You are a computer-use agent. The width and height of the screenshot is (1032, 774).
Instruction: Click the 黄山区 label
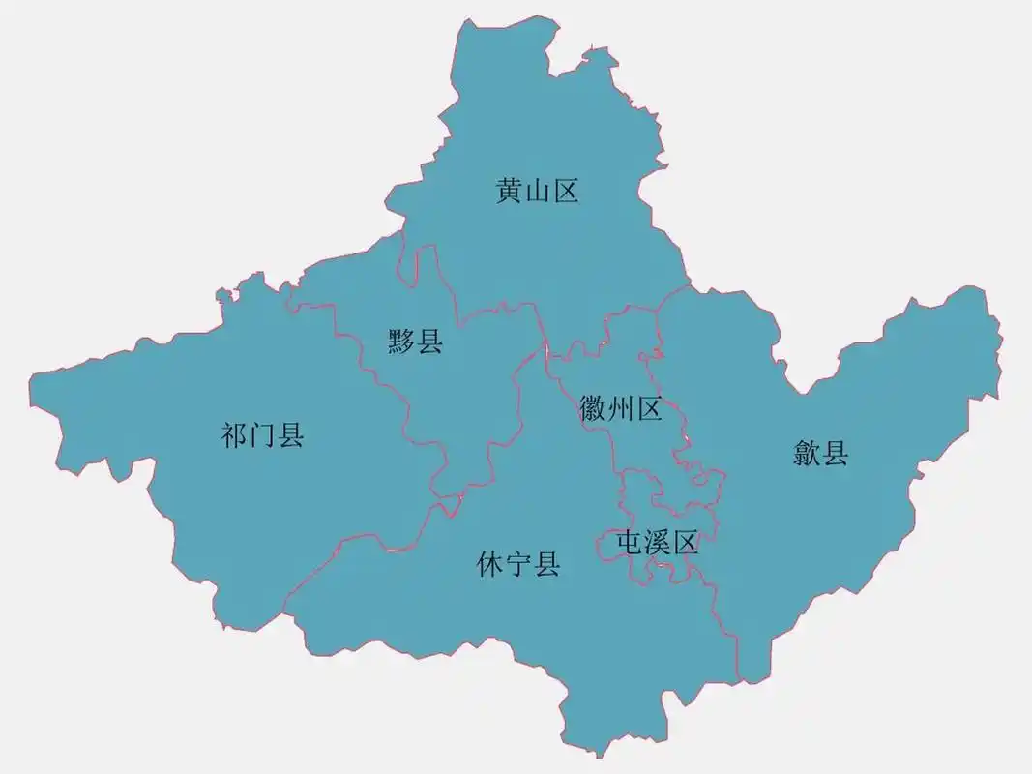coord(538,192)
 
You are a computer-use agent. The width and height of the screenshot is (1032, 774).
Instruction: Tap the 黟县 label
coord(416,341)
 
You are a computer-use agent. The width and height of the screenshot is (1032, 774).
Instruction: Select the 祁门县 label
coord(263,436)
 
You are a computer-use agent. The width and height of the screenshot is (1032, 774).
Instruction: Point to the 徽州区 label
coord(621,409)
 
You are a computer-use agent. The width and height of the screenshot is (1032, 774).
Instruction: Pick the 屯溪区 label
coord(658,544)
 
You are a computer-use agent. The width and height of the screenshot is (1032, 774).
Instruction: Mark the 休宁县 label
coord(518,564)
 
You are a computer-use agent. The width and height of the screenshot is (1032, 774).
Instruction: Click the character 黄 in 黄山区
coord(510,192)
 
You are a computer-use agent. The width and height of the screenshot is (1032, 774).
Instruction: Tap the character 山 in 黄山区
coord(538,192)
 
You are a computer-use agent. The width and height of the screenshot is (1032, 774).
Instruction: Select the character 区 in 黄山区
coord(566,192)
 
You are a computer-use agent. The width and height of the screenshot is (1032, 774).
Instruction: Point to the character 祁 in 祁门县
coord(235,436)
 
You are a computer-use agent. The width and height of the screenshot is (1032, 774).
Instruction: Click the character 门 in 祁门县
coord(263,436)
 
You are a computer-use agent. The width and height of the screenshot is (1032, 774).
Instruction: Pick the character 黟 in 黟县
coord(402,341)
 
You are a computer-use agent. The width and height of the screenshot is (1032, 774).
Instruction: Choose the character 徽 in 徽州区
coord(593,409)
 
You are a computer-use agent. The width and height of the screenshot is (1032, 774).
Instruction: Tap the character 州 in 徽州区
coord(621,409)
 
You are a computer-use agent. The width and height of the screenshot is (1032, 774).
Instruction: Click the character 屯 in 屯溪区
coord(631,544)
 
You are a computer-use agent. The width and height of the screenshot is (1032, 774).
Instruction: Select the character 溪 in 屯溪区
coord(658,544)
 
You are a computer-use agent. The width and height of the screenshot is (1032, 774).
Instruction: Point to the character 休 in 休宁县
coord(490,564)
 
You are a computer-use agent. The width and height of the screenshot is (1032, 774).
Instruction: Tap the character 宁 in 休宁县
coord(518,564)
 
